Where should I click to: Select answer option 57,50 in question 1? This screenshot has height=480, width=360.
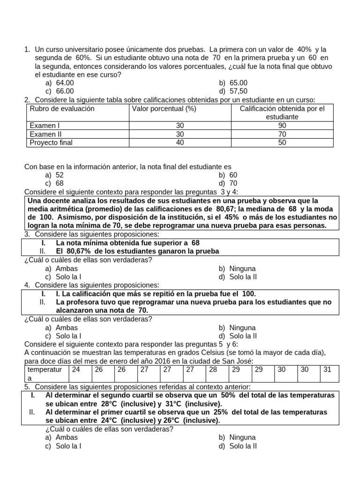(239, 91)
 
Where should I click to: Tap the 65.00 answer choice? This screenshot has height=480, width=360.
(239, 83)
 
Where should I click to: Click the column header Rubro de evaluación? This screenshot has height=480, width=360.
(62, 109)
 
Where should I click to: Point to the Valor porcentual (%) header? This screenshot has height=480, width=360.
(164, 109)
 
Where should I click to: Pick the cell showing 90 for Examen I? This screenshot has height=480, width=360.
(282, 126)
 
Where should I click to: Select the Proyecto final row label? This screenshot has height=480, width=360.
(51, 142)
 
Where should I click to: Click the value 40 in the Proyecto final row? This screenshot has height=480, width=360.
(180, 142)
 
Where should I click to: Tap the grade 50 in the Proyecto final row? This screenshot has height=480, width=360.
(282, 142)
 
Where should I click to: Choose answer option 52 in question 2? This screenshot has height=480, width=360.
(60, 175)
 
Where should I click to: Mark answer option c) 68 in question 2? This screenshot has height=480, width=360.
(60, 183)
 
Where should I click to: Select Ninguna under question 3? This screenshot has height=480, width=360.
(242, 269)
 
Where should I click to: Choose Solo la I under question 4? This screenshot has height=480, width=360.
(68, 336)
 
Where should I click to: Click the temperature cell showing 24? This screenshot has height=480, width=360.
(76, 369)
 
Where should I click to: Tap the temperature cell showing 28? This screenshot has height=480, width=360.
(213, 369)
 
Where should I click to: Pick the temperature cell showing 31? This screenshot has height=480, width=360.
(327, 369)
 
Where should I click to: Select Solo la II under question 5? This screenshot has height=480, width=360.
(243, 446)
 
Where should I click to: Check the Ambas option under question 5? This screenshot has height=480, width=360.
(67, 437)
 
